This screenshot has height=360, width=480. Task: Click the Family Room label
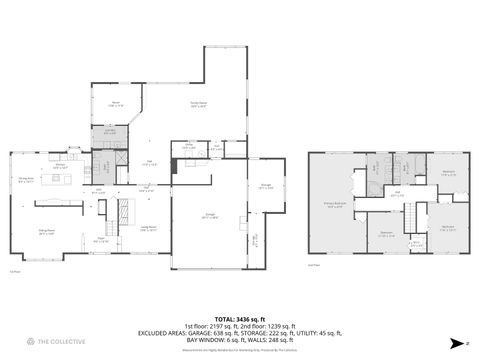pos(198,103)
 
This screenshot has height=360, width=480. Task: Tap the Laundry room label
pos(109,129)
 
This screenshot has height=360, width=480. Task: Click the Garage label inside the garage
pos(209,216)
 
